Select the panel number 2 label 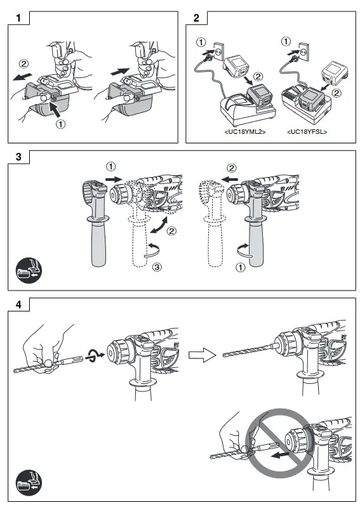click(196, 18)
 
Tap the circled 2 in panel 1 click(23, 64)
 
